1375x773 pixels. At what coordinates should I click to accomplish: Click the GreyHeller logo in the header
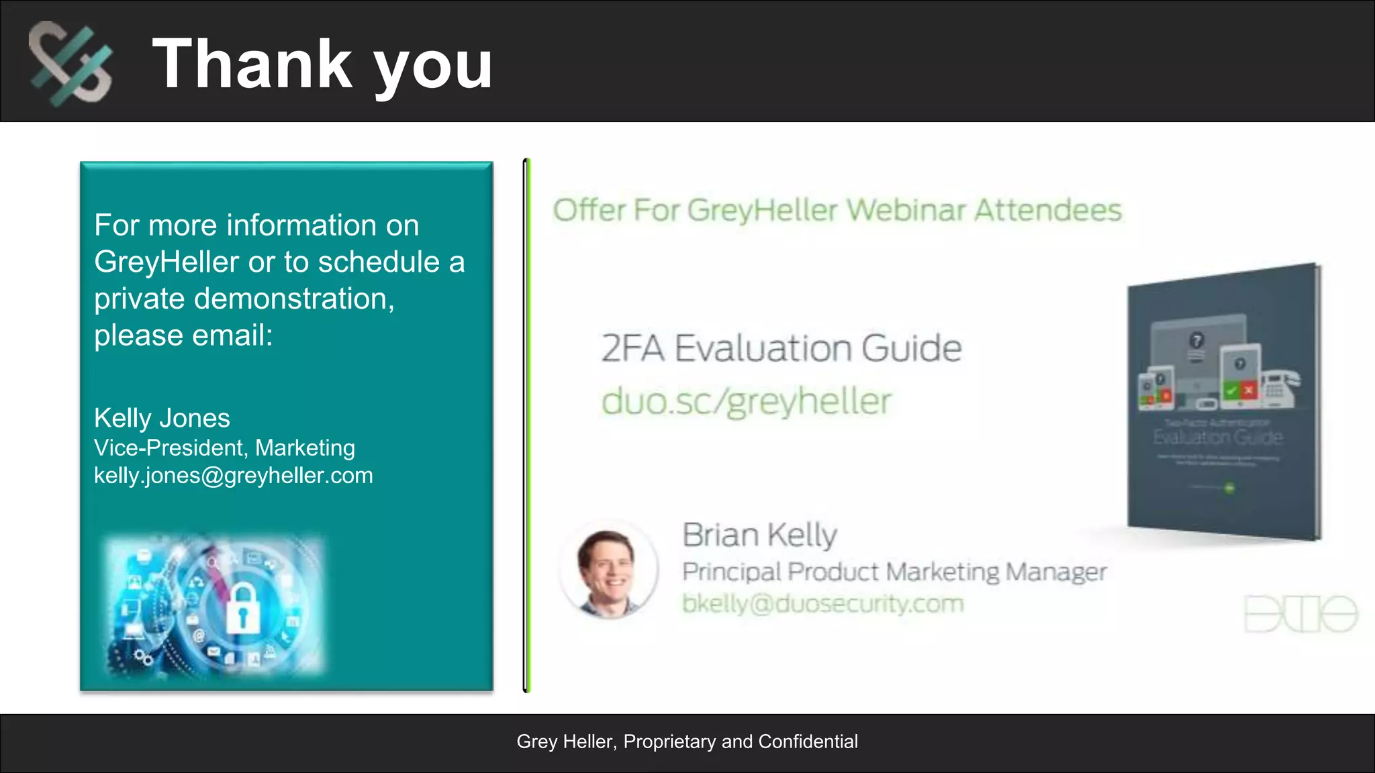click(x=70, y=63)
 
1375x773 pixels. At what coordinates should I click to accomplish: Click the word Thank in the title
click(x=252, y=64)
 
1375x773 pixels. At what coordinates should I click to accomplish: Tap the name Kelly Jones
click(x=162, y=418)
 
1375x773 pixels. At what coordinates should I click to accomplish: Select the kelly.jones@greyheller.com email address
click(x=233, y=475)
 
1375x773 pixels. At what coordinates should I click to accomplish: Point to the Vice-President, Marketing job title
click(x=224, y=448)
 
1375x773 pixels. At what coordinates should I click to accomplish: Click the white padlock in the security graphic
click(x=242, y=608)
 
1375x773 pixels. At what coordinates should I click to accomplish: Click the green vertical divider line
click(x=528, y=425)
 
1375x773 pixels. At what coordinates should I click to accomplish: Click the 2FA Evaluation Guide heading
click(x=781, y=348)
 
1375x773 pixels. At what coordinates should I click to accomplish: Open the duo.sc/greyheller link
click(x=746, y=401)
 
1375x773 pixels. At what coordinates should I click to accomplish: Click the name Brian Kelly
click(x=759, y=535)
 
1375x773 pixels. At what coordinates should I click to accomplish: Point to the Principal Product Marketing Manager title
click(x=894, y=572)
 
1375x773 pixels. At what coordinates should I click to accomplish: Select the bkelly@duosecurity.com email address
click(x=822, y=603)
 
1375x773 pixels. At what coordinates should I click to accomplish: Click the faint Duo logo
click(x=1300, y=613)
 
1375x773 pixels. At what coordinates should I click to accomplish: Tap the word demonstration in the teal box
click(x=293, y=299)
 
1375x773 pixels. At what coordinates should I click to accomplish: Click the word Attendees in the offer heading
click(x=1048, y=210)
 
